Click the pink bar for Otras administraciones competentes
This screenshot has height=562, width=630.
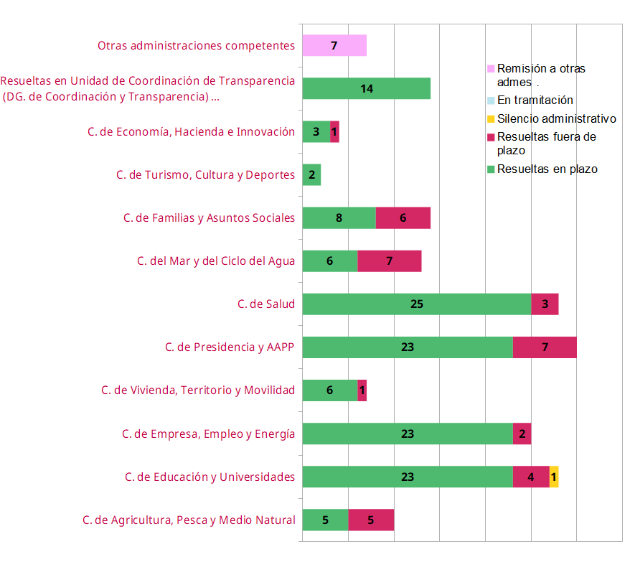pos(334,45)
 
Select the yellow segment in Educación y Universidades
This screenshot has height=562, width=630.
pos(554,477)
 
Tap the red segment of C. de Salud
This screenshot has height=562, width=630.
pos(545,304)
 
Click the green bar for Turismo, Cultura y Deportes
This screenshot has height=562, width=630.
pos(311,175)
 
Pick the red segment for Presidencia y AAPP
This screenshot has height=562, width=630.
pos(545,347)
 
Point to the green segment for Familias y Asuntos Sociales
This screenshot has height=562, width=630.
pos(339,218)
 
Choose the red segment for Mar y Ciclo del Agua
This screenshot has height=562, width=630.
pos(389,261)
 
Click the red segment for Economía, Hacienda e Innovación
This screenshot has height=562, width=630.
pos(334,132)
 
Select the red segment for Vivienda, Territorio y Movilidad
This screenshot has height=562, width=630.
pos(362,390)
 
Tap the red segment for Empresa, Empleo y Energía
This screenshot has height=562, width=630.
pos(522,434)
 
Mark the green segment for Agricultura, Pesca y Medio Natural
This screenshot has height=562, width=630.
pos(325,520)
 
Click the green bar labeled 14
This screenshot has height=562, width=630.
pos(366,89)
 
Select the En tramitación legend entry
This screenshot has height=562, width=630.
pos(535,100)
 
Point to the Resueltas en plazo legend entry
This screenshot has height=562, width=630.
pos(547,169)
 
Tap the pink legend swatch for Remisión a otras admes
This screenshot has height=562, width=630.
pos(491,69)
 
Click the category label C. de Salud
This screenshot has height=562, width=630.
pos(266,304)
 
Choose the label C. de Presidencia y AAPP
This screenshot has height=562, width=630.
pos(230,347)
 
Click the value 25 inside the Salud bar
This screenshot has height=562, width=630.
pos(416,304)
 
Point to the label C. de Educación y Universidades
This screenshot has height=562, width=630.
pos(210,477)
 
